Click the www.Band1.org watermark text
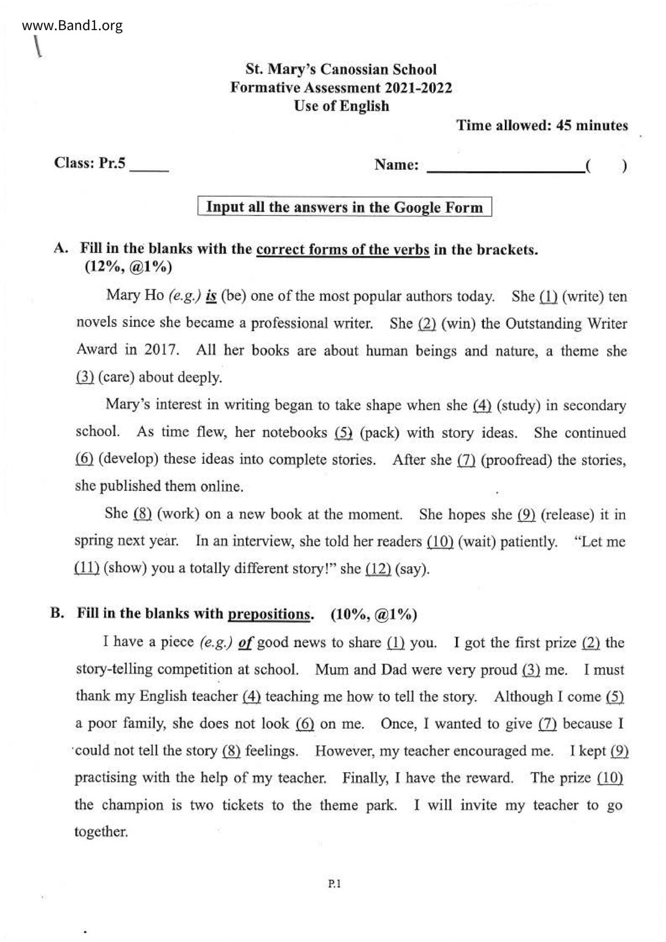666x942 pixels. tap(73, 26)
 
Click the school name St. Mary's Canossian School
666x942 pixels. tap(341, 69)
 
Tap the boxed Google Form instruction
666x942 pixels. tap(344, 207)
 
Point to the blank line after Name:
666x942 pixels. tap(505, 168)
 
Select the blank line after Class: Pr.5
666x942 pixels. tap(149, 166)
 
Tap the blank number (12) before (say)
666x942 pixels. tap(378, 569)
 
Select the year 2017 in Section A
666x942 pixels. tap(161, 350)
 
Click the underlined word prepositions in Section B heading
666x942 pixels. tap(269, 614)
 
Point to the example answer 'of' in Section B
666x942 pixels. tap(245, 642)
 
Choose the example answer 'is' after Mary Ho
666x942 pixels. tap(211, 296)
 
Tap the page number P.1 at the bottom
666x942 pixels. tap(334, 883)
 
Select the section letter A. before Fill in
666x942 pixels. tap(61, 248)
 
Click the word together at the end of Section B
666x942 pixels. tap(101, 832)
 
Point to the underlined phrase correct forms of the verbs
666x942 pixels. tap(343, 250)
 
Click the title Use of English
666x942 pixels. tap(341, 106)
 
